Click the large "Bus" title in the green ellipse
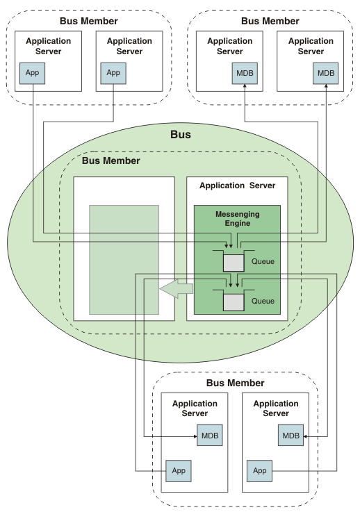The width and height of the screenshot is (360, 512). (x=180, y=135)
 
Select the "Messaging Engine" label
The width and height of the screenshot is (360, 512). (x=238, y=218)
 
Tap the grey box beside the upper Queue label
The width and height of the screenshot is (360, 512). (x=234, y=263)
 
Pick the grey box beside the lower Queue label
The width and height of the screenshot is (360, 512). (x=234, y=302)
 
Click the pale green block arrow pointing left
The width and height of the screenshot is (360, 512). (x=177, y=289)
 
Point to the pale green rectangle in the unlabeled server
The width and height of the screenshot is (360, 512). (x=124, y=260)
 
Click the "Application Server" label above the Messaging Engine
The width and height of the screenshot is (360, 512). (x=238, y=185)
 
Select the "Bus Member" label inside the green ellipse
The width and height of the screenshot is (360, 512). (x=111, y=160)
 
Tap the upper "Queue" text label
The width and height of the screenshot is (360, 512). (x=263, y=261)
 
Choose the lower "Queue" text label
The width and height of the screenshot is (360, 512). (x=263, y=301)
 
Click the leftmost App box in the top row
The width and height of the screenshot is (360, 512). (x=32, y=73)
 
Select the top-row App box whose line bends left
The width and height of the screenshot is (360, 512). (x=113, y=73)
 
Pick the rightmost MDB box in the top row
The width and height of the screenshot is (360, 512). (x=326, y=73)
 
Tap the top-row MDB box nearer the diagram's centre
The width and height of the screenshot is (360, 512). (x=245, y=73)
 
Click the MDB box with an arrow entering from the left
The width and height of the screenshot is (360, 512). (x=210, y=436)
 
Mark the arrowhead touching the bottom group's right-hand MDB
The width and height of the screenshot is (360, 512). (x=305, y=436)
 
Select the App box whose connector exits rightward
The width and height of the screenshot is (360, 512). (x=259, y=471)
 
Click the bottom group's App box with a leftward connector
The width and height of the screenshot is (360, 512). (x=179, y=471)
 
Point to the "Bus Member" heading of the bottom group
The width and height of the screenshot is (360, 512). (x=235, y=383)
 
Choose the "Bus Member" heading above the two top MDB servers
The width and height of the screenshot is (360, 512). (x=270, y=22)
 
